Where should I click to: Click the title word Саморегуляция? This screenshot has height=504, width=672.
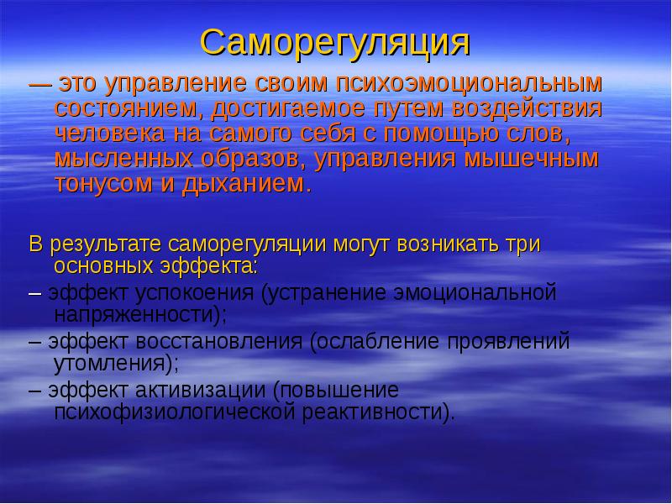335,42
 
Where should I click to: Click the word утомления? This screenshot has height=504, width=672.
113,363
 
